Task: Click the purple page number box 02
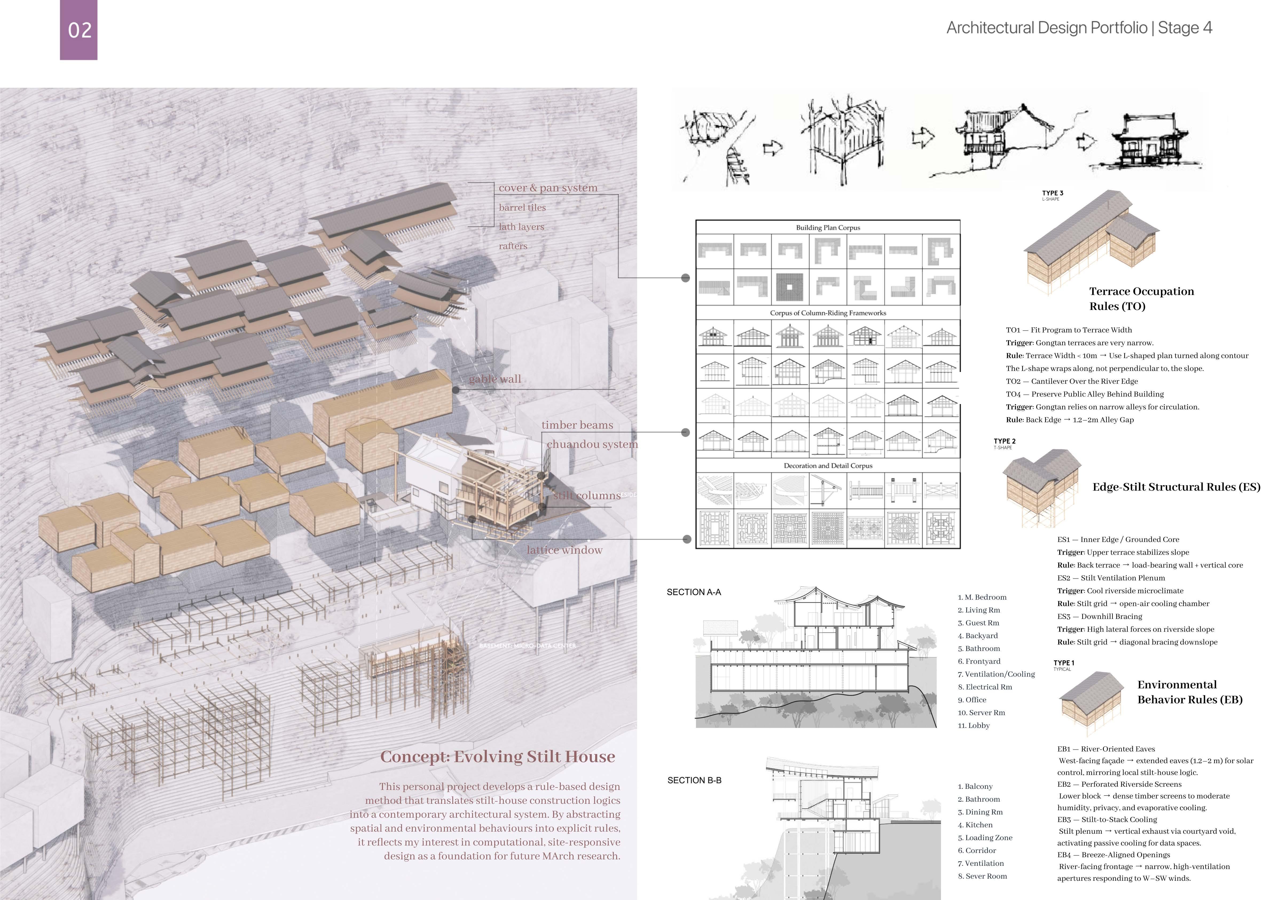click(79, 30)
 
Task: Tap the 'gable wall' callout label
click(495, 379)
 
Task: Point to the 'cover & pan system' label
click(548, 188)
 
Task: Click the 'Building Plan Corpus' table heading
click(827, 228)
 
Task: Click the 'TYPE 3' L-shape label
click(1052, 193)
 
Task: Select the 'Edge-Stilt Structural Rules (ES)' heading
click(1176, 487)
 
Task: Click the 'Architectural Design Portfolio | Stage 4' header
click(1079, 28)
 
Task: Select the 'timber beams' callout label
click(577, 425)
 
